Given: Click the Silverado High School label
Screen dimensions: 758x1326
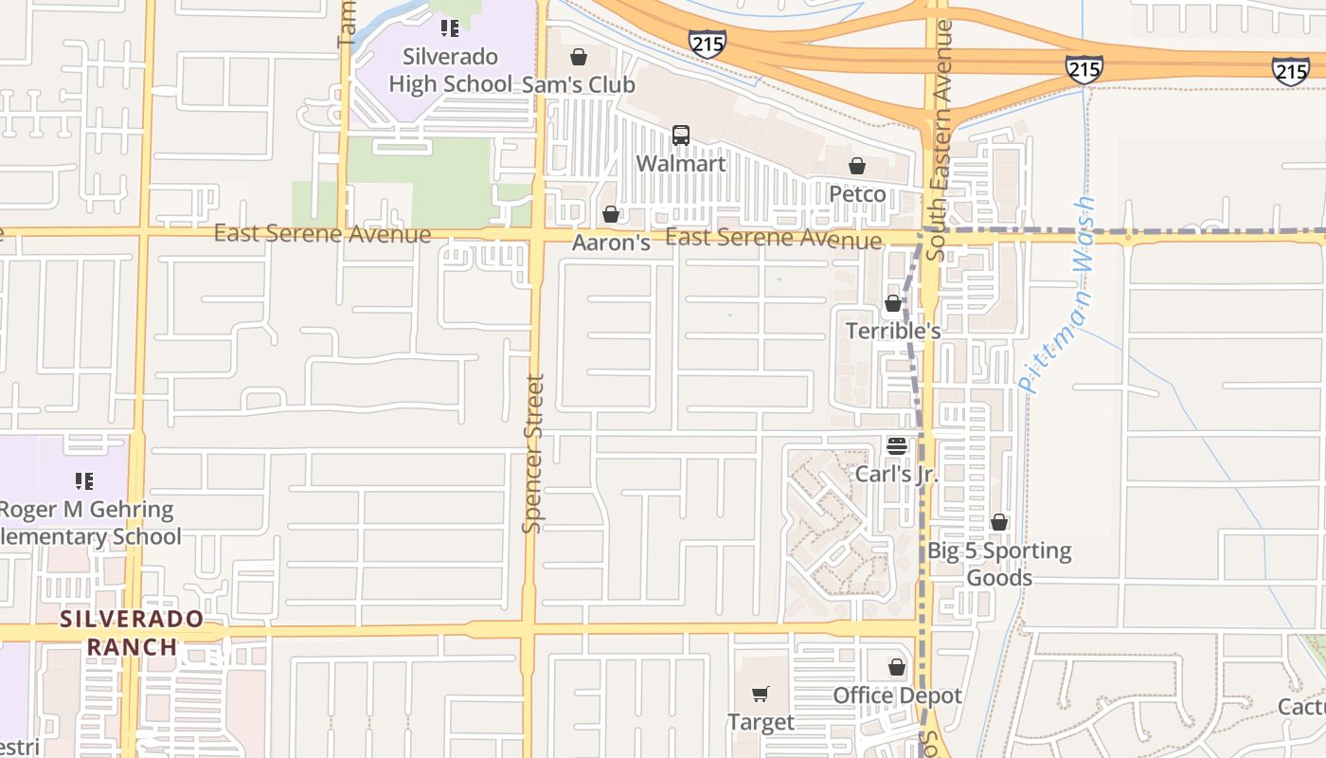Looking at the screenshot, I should pyautogui.click(x=450, y=70).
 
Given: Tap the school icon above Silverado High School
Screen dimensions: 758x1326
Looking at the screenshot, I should pyautogui.click(x=450, y=28).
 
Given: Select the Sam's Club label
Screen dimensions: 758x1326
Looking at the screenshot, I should pyautogui.click(x=579, y=84).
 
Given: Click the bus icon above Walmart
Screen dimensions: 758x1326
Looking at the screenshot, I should pyautogui.click(x=681, y=135).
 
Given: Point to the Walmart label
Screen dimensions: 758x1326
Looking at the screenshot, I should pyautogui.click(x=681, y=163).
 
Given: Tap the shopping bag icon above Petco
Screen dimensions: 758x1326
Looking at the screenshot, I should pyautogui.click(x=857, y=167).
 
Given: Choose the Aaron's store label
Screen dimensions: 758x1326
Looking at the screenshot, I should pyautogui.click(x=611, y=243).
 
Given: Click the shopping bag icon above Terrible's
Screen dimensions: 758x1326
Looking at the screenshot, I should pyautogui.click(x=892, y=303).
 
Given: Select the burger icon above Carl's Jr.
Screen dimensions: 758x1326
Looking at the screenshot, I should pyautogui.click(x=896, y=445).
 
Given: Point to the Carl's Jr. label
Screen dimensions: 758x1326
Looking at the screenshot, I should pyautogui.click(x=896, y=473).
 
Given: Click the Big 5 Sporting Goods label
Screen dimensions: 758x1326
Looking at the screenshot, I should pyautogui.click(x=999, y=564).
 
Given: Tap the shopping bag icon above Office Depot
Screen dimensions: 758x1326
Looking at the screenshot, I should pyautogui.click(x=897, y=668).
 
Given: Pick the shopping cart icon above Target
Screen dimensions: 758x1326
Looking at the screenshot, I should pyautogui.click(x=761, y=695).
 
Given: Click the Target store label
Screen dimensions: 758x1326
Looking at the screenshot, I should pyautogui.click(x=761, y=722).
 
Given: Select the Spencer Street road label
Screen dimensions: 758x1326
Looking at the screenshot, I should pyautogui.click(x=534, y=453).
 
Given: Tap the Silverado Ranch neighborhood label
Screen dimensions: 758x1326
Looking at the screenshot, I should pyautogui.click(x=132, y=633).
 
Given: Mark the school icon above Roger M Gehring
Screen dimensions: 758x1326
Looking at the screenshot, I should pyautogui.click(x=84, y=481).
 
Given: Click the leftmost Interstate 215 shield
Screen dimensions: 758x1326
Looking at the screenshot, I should pyautogui.click(x=708, y=43).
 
